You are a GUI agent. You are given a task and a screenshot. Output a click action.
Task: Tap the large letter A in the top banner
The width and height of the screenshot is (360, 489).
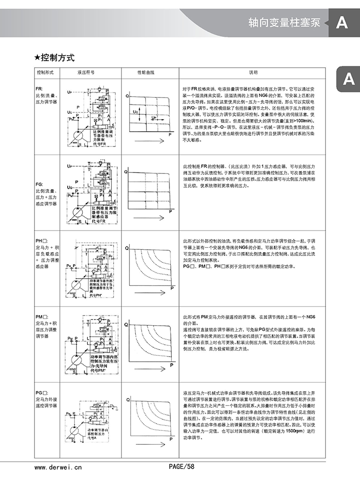342,23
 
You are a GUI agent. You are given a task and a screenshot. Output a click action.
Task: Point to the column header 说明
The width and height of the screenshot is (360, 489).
252,72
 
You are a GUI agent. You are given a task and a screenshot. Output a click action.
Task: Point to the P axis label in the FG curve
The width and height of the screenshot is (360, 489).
171,210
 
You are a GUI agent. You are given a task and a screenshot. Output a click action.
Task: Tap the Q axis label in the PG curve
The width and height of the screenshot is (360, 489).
127,400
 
